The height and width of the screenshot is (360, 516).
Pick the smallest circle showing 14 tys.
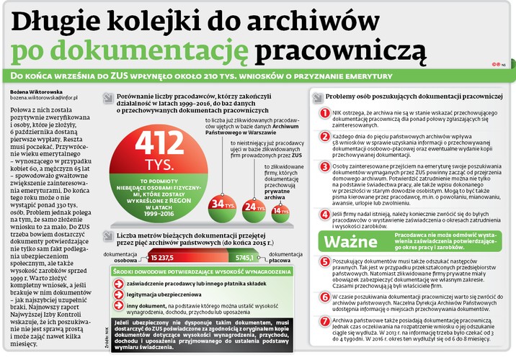coord(280,210)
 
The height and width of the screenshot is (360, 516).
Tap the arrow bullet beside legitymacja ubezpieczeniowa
coord(119,294)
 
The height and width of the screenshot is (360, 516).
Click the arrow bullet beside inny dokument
coord(119,307)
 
